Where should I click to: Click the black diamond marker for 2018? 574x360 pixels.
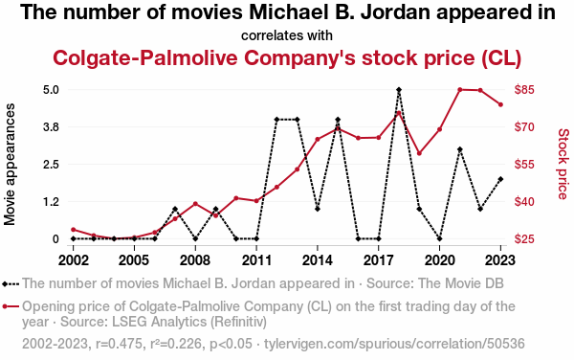[x=399, y=90]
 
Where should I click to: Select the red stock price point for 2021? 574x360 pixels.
[x=460, y=89]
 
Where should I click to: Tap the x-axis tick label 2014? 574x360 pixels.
[x=318, y=260]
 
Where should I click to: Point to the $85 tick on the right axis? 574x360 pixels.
[x=524, y=90]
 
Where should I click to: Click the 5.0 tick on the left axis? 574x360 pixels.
[x=51, y=90]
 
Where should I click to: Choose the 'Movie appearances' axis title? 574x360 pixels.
[x=10, y=164]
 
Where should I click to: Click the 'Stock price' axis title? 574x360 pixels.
[x=563, y=164]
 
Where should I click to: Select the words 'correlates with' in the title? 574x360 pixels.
[x=287, y=35]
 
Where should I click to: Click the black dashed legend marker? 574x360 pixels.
[x=11, y=283]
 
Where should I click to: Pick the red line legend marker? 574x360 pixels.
[x=11, y=306]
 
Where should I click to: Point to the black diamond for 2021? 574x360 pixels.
[x=460, y=149]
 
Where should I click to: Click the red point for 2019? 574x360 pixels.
[x=419, y=153]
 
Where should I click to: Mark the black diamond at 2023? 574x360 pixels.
[x=500, y=179]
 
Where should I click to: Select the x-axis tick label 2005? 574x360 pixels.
[x=134, y=260]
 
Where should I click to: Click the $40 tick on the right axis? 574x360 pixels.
[x=524, y=202]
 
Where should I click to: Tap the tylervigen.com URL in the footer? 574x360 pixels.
[x=394, y=344]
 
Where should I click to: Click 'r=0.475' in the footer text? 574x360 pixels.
[x=119, y=344]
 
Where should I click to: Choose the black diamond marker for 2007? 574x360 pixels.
[x=175, y=209]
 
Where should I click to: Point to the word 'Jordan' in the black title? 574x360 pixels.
[x=394, y=12]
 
